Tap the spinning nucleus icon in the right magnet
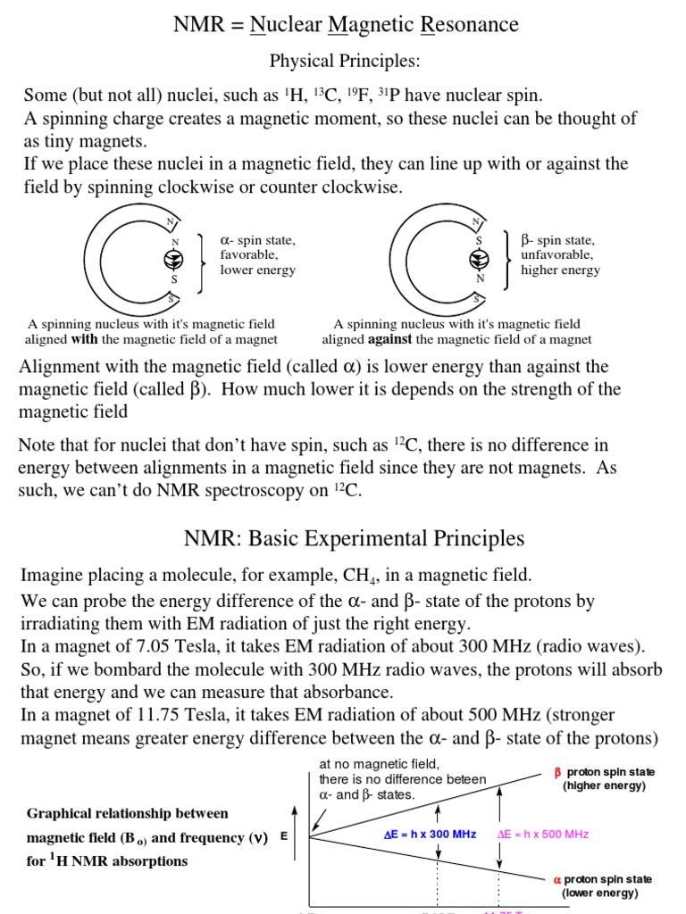pos(480,259)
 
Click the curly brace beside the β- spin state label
pos(507,258)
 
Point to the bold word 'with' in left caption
pos(85,339)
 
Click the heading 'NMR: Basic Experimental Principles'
pos(354,538)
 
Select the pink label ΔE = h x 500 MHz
pos(542,834)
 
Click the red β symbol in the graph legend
pos(558,771)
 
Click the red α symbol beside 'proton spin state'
pos(557,879)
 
